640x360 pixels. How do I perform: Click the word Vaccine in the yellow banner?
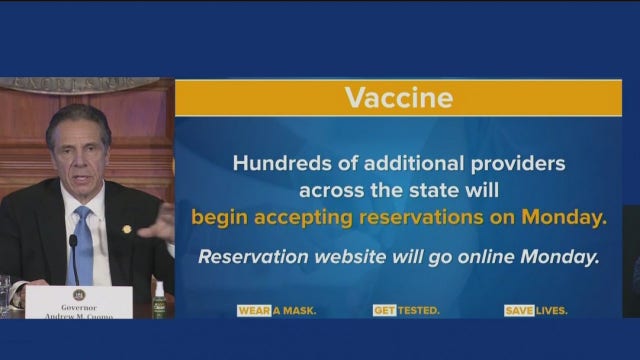(398, 98)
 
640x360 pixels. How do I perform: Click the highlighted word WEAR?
(254, 311)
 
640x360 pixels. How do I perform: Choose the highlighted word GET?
(384, 311)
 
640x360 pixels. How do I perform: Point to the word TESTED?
(418, 311)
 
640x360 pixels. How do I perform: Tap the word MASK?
(300, 311)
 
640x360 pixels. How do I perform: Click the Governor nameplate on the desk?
(78, 302)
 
